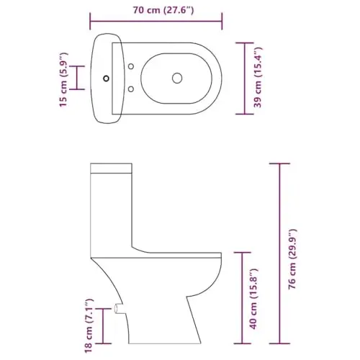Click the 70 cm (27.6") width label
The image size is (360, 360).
(163, 10)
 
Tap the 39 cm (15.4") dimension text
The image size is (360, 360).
(258, 77)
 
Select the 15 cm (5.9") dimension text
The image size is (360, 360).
(64, 79)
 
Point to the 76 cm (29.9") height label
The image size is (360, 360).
(292, 259)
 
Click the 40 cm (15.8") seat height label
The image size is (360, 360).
(253, 299)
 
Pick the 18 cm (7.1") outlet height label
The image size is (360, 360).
(88, 325)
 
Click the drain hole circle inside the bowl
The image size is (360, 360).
(177, 78)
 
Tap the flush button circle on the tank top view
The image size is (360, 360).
(106, 78)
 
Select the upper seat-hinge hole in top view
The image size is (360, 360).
(131, 66)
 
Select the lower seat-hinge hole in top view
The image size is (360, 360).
(131, 89)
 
